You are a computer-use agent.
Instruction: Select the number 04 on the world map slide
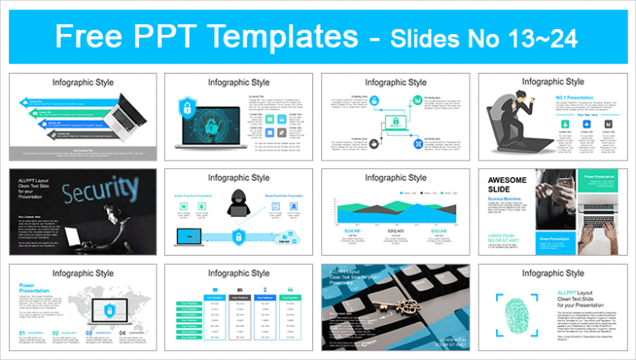122,334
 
